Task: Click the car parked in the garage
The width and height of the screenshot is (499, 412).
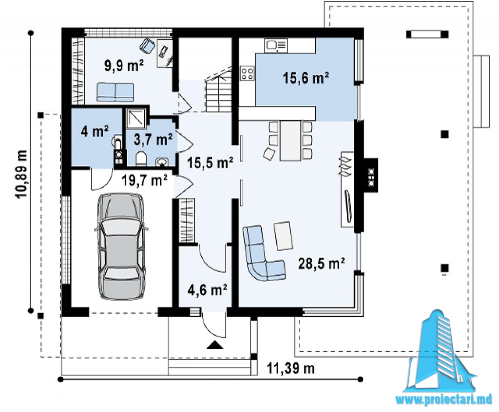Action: [x=121, y=246]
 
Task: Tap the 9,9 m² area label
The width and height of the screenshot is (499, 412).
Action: [x=124, y=66]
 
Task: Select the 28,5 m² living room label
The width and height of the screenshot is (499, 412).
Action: [x=322, y=263]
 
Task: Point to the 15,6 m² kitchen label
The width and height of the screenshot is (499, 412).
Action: [x=306, y=78]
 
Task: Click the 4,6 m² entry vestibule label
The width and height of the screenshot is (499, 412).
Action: [x=207, y=290]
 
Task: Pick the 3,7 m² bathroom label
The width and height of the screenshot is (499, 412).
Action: [x=153, y=139]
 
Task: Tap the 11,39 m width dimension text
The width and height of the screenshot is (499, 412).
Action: [x=290, y=369]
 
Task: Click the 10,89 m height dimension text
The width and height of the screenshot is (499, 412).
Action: [x=21, y=174]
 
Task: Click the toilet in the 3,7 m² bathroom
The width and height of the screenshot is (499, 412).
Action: [x=141, y=159]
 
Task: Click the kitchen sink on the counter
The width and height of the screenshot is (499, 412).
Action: [x=277, y=45]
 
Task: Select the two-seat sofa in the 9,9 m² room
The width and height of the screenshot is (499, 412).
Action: [x=115, y=92]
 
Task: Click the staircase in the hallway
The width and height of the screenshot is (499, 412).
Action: [x=220, y=90]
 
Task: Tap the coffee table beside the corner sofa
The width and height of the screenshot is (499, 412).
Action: [x=283, y=236]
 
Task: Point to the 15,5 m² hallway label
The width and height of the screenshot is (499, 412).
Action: [x=211, y=163]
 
